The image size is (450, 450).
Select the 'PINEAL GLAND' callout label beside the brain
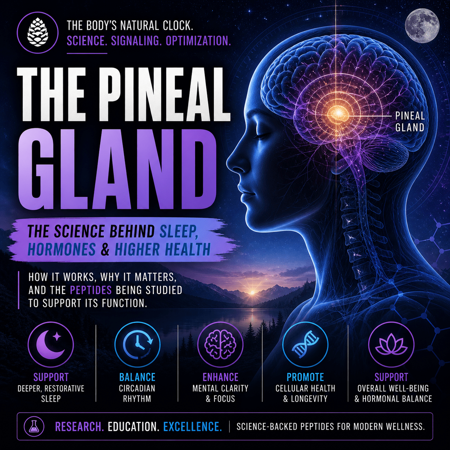410,122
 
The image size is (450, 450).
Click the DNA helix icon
305,345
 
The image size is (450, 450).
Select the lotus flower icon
391,345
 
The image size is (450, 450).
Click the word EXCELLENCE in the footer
192,427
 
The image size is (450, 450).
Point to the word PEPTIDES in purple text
91,290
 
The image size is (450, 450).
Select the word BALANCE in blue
137,377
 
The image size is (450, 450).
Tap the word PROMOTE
305,377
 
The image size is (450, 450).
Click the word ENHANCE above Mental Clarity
220,377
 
